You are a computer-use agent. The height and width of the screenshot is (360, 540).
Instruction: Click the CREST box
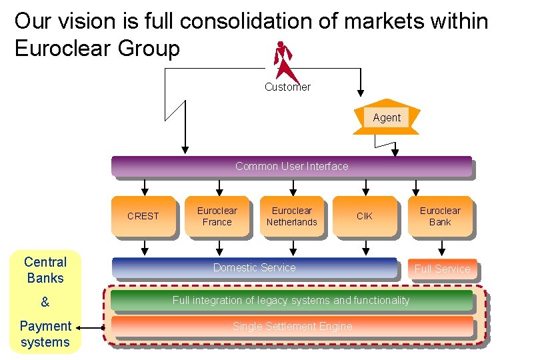143,216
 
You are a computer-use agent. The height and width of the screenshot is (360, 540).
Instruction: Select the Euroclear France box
217,216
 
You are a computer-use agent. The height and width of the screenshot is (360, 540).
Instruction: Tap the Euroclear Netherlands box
292,216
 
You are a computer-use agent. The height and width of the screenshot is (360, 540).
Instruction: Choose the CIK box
364,216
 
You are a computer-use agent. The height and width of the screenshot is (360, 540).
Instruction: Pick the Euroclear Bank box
439,216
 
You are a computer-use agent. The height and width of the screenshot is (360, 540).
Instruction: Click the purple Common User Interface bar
291,167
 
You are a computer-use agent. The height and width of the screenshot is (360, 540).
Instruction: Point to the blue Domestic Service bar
254,268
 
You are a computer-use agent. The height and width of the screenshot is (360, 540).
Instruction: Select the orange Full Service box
442,269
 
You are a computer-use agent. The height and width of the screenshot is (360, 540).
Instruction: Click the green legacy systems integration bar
291,301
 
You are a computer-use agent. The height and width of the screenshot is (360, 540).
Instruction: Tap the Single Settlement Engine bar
291,327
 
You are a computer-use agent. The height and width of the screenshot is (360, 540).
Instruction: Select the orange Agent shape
387,119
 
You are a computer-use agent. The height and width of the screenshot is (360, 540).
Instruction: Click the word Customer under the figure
287,87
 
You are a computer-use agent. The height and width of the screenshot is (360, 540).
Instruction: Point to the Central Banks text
45,270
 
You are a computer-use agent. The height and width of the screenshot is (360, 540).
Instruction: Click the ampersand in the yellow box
45,302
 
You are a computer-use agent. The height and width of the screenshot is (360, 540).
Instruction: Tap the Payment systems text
45,334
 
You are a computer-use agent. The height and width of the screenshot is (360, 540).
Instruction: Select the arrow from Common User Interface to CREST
143,186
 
